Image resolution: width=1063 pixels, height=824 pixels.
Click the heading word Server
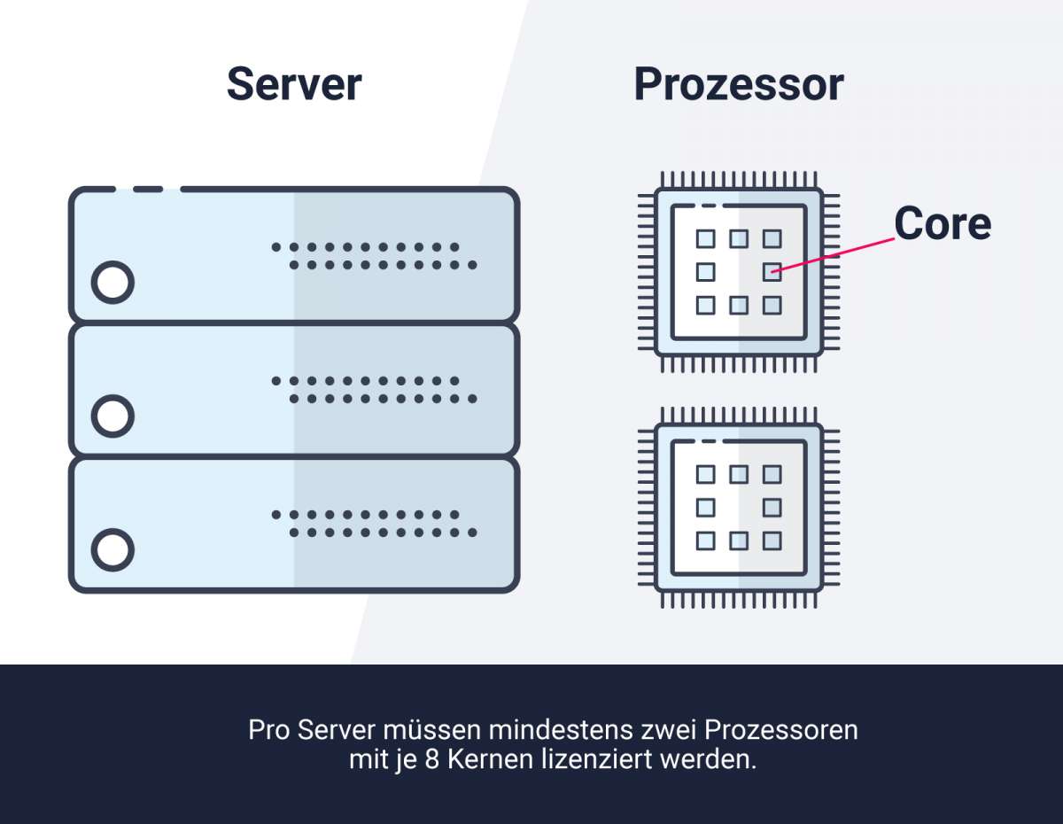[x=294, y=85]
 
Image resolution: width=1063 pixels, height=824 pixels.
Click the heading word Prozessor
[x=739, y=85]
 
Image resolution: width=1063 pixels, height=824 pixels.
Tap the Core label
[x=942, y=223]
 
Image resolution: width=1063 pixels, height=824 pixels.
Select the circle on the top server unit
[x=113, y=283]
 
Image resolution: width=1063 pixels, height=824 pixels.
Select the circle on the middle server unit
[x=113, y=416]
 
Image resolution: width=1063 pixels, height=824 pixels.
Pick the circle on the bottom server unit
[x=113, y=549]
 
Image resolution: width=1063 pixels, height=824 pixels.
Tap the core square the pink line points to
[x=772, y=272]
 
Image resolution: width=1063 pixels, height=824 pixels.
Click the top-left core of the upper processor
[x=705, y=238]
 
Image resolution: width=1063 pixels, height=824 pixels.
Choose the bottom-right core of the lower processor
[x=772, y=540]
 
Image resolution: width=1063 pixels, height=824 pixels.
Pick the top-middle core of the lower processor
[x=739, y=474]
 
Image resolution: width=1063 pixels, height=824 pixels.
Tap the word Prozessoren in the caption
[x=781, y=731]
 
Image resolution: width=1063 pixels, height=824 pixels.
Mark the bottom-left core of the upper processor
[x=705, y=306]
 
